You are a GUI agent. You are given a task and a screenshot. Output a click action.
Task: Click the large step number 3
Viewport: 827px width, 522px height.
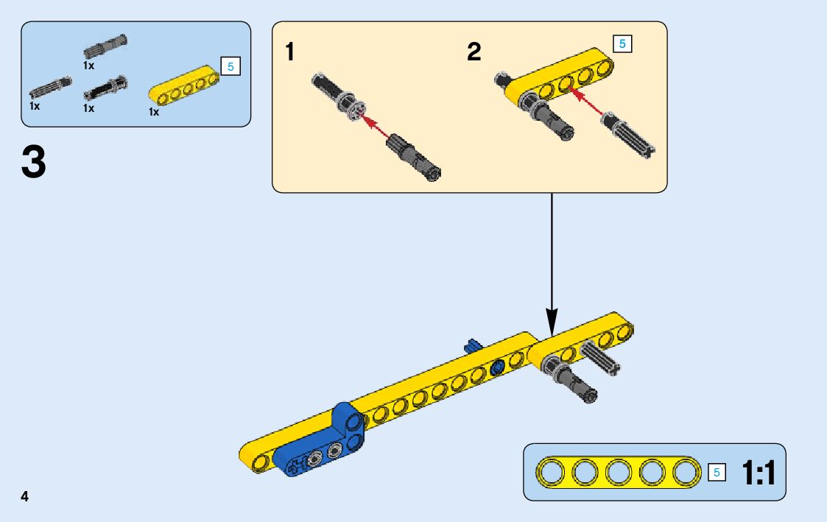pyautogui.click(x=34, y=162)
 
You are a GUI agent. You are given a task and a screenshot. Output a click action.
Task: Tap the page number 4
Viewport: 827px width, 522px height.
pyautogui.click(x=25, y=495)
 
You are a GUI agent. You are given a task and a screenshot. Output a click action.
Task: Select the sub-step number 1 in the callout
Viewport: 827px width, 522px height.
pyautogui.click(x=291, y=52)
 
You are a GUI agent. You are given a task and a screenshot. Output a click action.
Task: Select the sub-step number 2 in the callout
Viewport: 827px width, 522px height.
pyautogui.click(x=474, y=52)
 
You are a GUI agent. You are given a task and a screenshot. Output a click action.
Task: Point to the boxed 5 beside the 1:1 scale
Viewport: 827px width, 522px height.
pyautogui.click(x=716, y=473)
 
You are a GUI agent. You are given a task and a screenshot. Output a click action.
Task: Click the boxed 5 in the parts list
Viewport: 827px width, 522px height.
pyautogui.click(x=230, y=67)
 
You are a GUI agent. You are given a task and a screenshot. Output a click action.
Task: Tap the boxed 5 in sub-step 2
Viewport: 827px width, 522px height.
pyautogui.click(x=622, y=43)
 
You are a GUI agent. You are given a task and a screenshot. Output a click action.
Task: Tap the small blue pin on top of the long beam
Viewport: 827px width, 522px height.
pyautogui.click(x=472, y=345)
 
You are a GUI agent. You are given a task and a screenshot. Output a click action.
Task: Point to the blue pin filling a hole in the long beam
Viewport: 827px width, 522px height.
pyautogui.click(x=497, y=366)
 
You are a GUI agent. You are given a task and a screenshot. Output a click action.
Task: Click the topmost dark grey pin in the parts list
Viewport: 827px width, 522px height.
pyautogui.click(x=105, y=46)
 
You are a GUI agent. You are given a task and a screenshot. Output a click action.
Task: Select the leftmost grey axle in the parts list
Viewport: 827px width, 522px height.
pyautogui.click(x=50, y=87)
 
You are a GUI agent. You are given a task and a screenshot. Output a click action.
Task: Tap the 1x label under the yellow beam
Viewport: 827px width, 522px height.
pyautogui.click(x=154, y=113)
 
